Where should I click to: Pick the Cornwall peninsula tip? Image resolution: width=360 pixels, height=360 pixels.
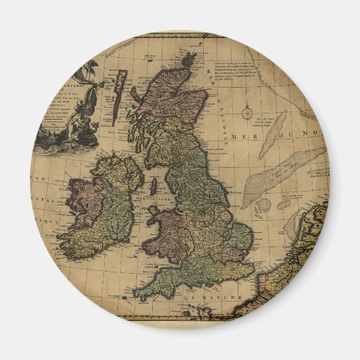[x=139, y=296]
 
